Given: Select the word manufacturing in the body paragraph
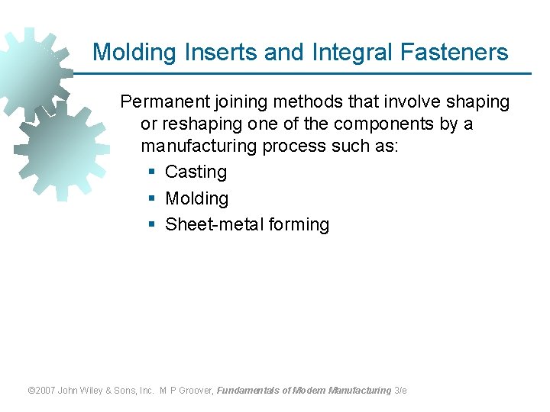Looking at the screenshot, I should point(198,146).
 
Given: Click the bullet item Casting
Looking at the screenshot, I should point(196,172).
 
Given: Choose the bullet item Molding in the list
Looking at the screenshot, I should point(196,198).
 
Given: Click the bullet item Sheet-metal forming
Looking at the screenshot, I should point(247,224).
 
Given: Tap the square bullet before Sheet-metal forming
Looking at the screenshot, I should point(151,225).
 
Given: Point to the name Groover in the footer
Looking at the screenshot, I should point(195,391).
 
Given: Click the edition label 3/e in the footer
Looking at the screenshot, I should point(400,391).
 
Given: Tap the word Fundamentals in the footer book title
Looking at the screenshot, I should point(247,391).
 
